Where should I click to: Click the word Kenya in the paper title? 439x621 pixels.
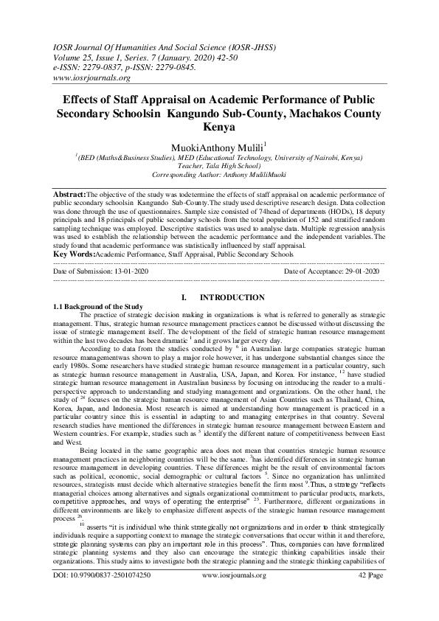point(218,126)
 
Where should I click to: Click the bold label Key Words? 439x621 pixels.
point(74,253)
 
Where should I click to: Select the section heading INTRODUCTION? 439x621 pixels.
point(233,296)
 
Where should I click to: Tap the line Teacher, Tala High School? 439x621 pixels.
point(219,167)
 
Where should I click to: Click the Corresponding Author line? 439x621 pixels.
point(219,177)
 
